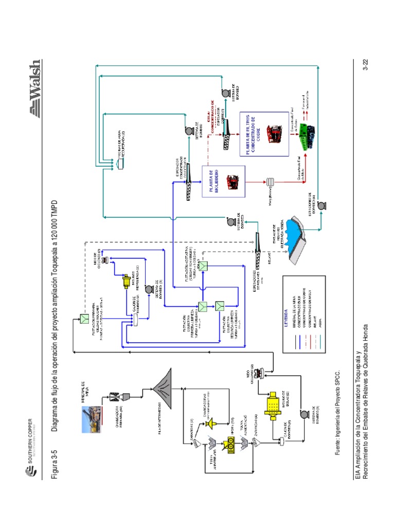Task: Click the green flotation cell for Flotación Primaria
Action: point(83,320)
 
